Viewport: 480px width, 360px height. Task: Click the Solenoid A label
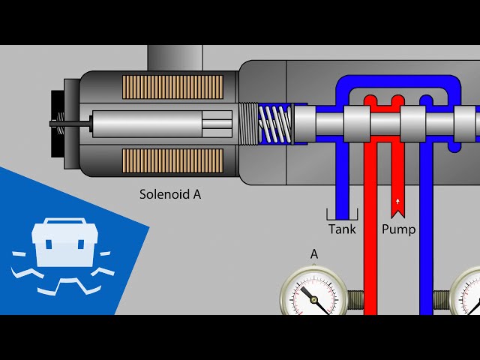(170, 194)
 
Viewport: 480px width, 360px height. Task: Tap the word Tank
(342, 229)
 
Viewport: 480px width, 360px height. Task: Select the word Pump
(398, 229)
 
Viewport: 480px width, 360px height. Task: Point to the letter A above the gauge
(314, 254)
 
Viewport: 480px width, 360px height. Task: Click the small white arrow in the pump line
(397, 202)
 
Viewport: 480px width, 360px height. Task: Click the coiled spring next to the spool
(274, 123)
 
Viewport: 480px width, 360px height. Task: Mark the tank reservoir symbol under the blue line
(342, 214)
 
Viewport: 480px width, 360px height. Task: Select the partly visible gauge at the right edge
(467, 296)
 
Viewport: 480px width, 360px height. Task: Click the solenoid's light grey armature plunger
(161, 124)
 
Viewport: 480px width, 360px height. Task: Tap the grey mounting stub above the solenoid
(175, 58)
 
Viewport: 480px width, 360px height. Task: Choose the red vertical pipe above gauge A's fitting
(369, 225)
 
